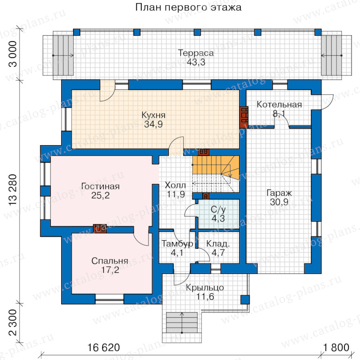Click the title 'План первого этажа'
pos(188,7)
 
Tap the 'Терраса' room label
pos(196,53)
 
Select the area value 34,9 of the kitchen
pos(153,124)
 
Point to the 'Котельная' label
pos(279,105)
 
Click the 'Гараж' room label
pos(279,193)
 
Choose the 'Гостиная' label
pos(100,186)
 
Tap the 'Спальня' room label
pos(110,261)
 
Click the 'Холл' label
pos(175,186)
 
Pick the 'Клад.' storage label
pos(218,244)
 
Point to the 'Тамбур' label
pos(177,244)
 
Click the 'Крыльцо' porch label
pos(205,287)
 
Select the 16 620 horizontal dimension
pos(103,347)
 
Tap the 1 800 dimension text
pos(334,347)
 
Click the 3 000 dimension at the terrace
pos(13,55)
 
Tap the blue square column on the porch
pos(244,300)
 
